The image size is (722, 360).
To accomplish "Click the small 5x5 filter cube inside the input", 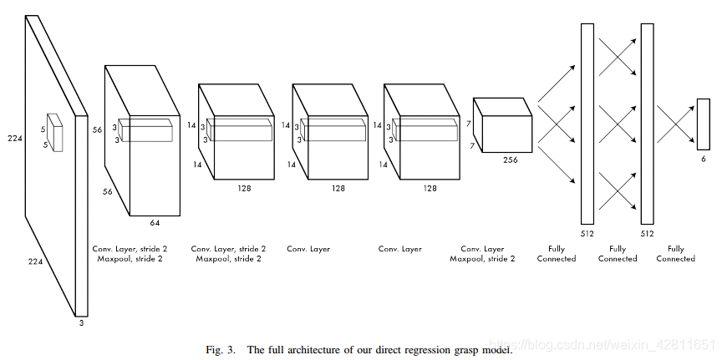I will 54,133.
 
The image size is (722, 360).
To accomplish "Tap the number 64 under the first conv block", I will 155,222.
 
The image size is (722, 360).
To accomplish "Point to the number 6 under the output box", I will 703,159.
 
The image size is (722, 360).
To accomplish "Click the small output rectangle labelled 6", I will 703,124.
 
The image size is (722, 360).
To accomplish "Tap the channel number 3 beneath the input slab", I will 81,322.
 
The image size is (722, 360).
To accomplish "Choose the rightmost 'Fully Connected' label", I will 675,253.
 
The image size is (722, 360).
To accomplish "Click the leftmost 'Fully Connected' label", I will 557,253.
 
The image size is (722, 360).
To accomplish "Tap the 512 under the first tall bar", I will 587,234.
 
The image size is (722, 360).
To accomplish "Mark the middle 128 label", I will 338,189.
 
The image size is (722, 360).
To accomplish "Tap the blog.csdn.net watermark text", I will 602,345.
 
